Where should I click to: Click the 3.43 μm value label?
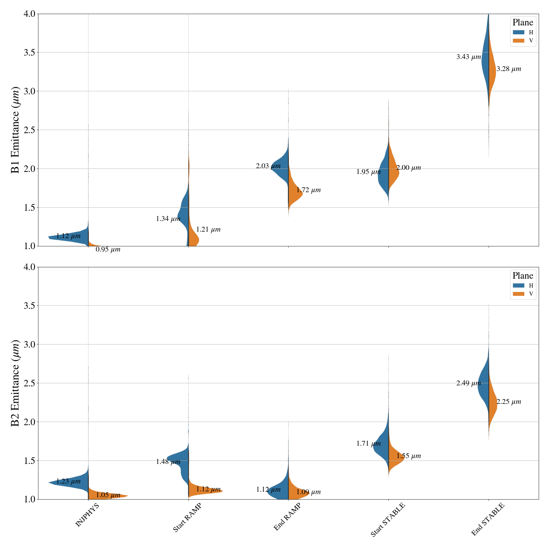pyautogui.click(x=468, y=57)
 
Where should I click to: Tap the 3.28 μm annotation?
pyautogui.click(x=509, y=69)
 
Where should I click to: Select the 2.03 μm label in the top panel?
pyautogui.click(x=268, y=166)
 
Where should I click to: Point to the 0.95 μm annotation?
pyautogui.click(x=108, y=249)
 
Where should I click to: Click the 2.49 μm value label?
pyautogui.click(x=468, y=383)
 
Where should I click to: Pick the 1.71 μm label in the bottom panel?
pyautogui.click(x=368, y=444)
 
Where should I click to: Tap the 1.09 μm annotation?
pyautogui.click(x=308, y=492)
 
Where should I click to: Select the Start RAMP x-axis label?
pyautogui.click(x=187, y=518)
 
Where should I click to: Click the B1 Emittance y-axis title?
pyautogui.click(x=15, y=130)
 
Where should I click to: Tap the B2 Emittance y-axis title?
pyautogui.click(x=15, y=383)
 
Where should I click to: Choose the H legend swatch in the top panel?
pyautogui.click(x=518, y=32)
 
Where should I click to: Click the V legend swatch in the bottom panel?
pyautogui.click(x=518, y=294)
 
